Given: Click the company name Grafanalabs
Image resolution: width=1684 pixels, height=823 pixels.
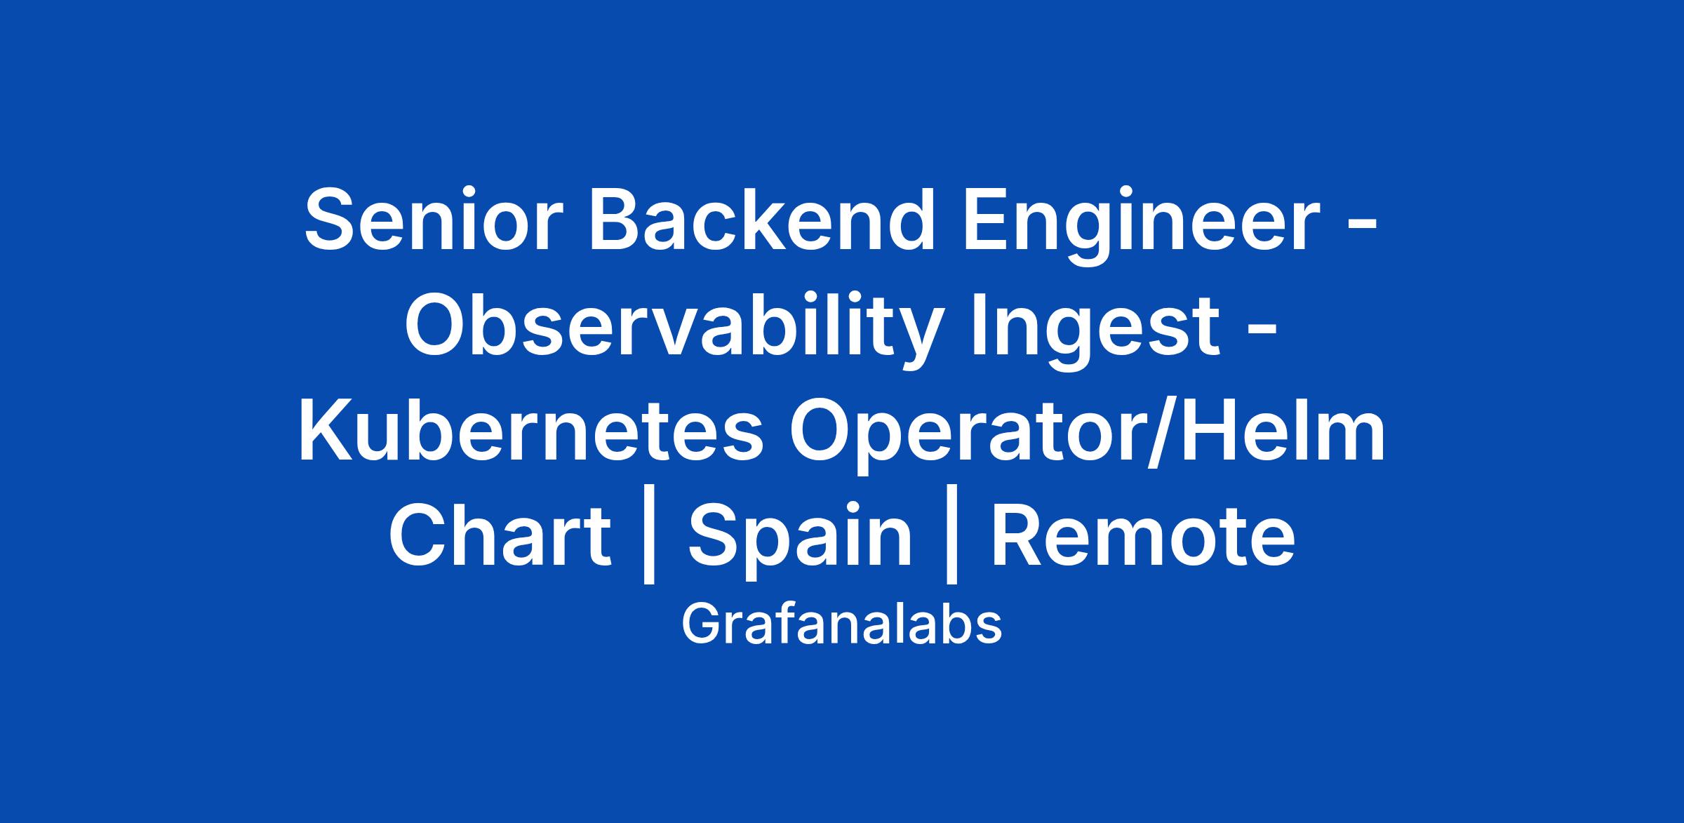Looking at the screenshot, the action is tap(841, 624).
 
